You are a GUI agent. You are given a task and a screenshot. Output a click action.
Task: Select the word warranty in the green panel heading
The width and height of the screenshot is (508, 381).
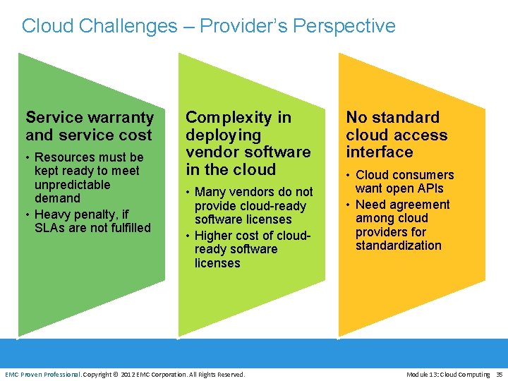[x=119, y=118]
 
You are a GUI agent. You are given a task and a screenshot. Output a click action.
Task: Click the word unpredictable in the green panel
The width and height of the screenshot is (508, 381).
[x=73, y=185]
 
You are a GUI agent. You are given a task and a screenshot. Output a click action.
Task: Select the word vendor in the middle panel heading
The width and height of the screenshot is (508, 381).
[x=209, y=152]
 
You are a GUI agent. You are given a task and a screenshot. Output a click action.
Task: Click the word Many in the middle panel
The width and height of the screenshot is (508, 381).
[x=210, y=192]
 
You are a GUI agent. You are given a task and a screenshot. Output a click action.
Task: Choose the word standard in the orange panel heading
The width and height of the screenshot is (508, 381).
[x=407, y=118]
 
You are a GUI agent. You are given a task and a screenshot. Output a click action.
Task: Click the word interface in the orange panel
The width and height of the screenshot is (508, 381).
[x=380, y=152]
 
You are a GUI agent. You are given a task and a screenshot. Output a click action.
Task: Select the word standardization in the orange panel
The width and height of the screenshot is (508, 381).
[x=399, y=246]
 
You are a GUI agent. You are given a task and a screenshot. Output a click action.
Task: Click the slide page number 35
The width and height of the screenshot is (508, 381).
[x=499, y=374]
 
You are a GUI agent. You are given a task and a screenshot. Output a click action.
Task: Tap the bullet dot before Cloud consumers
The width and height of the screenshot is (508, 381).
[x=349, y=175]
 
